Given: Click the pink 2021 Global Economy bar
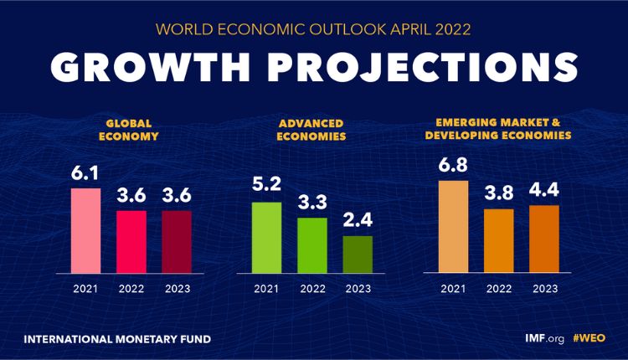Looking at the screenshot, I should (85, 230).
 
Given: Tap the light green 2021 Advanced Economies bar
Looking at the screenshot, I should (267, 237).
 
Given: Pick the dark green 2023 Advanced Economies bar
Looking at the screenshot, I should (358, 254).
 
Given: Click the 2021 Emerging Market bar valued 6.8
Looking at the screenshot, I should (453, 226).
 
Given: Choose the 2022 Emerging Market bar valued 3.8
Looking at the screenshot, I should (498, 240).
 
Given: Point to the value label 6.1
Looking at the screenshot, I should (85, 174).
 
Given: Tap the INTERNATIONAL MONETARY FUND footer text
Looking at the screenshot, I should (117, 340).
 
